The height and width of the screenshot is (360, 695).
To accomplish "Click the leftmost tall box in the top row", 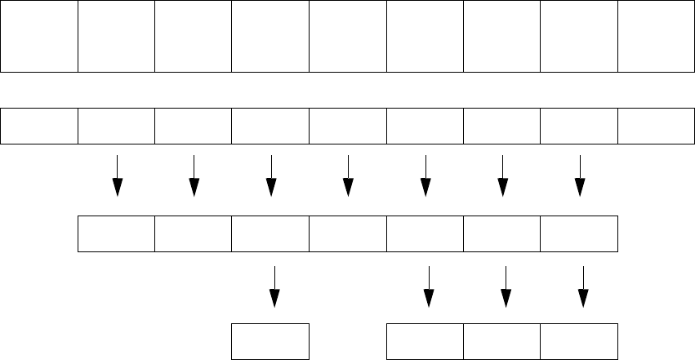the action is click(x=39, y=37).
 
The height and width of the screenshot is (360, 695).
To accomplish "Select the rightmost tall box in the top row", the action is click(x=656, y=37).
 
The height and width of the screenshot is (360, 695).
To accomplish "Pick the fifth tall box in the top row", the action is click(x=348, y=37).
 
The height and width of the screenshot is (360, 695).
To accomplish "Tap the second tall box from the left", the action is click(x=116, y=37).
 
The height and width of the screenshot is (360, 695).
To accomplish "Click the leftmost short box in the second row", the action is click(x=39, y=125).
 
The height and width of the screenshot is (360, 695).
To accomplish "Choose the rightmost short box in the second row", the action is click(x=656, y=125).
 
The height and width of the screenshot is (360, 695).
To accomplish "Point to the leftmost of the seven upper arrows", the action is click(x=118, y=176).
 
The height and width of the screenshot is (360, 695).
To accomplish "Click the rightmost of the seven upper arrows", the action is click(x=580, y=176).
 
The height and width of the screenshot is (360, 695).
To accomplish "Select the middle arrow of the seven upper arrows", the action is click(x=348, y=176).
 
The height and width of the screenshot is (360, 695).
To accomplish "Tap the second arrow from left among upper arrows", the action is click(x=194, y=176).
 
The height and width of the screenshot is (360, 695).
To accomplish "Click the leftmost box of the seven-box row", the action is click(x=116, y=233).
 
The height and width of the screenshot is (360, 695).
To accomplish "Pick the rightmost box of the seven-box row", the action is click(x=579, y=233).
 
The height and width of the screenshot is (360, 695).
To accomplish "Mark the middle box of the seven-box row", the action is click(x=348, y=233).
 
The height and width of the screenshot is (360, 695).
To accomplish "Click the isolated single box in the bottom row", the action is click(x=271, y=341).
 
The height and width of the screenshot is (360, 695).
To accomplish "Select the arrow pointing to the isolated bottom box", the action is click(x=275, y=287).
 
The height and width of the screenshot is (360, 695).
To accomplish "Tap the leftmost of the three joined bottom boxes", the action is click(x=425, y=341).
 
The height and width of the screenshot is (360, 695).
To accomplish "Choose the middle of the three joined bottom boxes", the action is click(x=502, y=341).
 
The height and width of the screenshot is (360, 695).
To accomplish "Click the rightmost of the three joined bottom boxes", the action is click(x=579, y=341).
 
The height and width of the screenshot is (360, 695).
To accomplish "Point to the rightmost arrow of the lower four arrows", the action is click(x=583, y=287).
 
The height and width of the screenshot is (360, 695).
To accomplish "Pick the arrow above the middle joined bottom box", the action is click(x=506, y=287).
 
